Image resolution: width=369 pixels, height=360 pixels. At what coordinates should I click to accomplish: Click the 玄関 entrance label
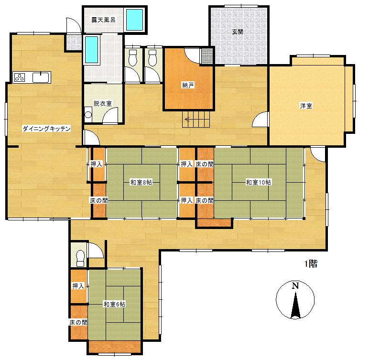pos(238,32)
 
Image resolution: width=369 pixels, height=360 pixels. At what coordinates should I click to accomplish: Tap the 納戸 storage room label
pos(188,85)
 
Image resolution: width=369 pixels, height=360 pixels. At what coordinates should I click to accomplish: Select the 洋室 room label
pos(306,106)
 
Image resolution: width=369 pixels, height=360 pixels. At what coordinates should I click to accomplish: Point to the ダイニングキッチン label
pos(46,129)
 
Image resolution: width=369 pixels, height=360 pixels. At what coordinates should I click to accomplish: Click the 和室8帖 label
pos(141,182)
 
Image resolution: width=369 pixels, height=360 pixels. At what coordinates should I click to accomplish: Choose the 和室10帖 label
pos(259,182)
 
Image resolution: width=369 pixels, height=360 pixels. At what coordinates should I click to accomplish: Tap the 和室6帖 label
pos(114,304)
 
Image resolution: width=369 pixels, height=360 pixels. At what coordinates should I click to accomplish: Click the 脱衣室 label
pos(103,103)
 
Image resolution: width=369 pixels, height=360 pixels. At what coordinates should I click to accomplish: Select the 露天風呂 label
pos(103,20)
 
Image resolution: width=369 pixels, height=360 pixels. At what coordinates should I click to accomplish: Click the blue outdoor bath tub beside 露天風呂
pos(135,20)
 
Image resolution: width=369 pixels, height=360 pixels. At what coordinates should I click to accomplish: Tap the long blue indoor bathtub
pos(91,49)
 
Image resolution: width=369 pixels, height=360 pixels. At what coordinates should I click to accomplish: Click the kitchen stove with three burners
pos(20,77)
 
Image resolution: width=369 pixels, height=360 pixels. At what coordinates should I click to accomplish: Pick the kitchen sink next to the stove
pos(41,77)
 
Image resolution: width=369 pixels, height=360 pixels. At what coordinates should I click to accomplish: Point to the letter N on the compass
pos(295,285)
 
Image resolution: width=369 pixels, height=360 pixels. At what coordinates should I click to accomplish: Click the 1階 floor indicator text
pos(311,264)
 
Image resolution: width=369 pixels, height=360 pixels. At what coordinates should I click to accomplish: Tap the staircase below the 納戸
pos(196,119)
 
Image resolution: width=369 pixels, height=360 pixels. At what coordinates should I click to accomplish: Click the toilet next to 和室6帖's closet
pos(80,258)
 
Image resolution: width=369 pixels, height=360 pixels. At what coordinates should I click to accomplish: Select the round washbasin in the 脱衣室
pos(88,114)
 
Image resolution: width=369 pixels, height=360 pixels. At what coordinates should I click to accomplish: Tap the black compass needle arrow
pos(295,305)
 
